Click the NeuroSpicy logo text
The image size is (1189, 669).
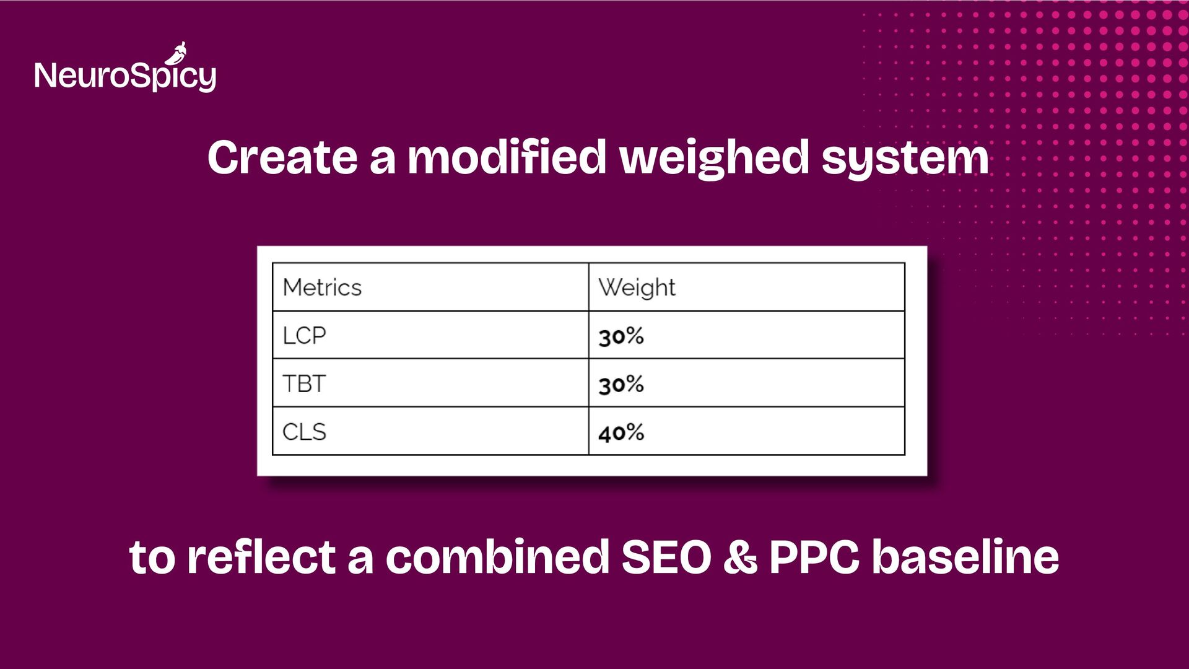coord(126,76)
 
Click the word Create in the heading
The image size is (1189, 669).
coord(282,157)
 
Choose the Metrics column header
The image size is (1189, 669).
coord(322,287)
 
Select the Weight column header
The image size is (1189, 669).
coord(637,288)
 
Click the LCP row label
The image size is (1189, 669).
coord(304,335)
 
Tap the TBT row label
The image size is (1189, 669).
coord(303,383)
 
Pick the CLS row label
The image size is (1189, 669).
coord(304,432)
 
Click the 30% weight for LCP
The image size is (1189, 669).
coord(621,336)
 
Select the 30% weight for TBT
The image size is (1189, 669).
coord(621,385)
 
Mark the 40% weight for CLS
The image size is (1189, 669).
coord(621,432)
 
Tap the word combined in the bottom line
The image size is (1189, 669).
coord(497,556)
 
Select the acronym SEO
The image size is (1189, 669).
coord(666,557)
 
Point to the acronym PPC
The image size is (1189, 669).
coord(814,557)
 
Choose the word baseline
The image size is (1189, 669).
coord(965,556)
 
